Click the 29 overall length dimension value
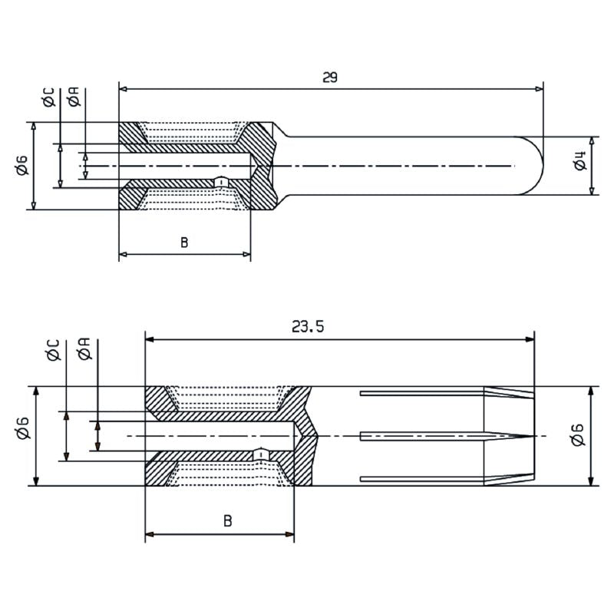tap(331, 78)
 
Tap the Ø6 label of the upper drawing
tap(21, 164)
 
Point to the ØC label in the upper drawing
tap(49, 97)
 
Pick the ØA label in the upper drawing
tap(74, 97)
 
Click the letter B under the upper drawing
tap(184, 243)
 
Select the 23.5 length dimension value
tap(308, 327)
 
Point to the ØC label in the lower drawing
tap(53, 349)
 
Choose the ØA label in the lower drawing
tap(85, 349)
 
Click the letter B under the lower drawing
tap(228, 521)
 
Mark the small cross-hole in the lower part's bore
tap(262, 454)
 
